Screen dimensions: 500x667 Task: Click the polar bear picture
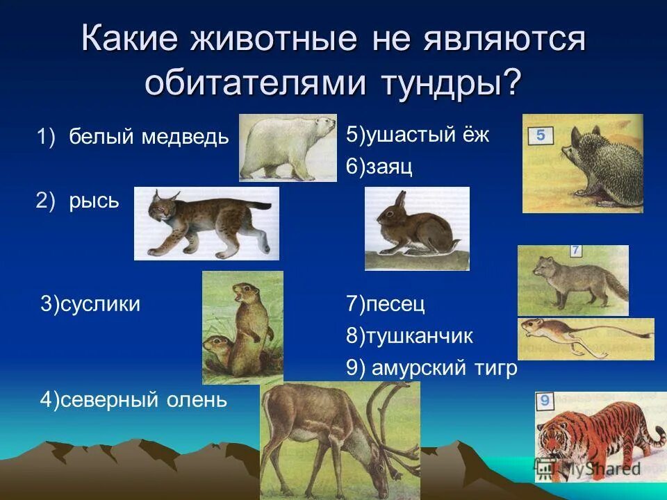tap(287, 147)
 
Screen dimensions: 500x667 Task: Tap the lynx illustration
tap(206, 223)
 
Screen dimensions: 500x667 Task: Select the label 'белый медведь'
tap(148, 137)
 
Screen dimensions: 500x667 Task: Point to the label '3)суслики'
tap(90, 303)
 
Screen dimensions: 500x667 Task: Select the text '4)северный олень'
tap(133, 400)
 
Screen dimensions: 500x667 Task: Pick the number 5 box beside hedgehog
tap(541, 135)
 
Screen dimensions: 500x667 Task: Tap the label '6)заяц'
tap(379, 167)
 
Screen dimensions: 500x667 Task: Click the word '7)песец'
tap(385, 303)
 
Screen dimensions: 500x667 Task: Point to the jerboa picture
tap(585, 338)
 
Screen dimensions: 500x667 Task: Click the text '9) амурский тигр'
tap(431, 369)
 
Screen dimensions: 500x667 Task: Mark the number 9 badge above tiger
tap(545, 401)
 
